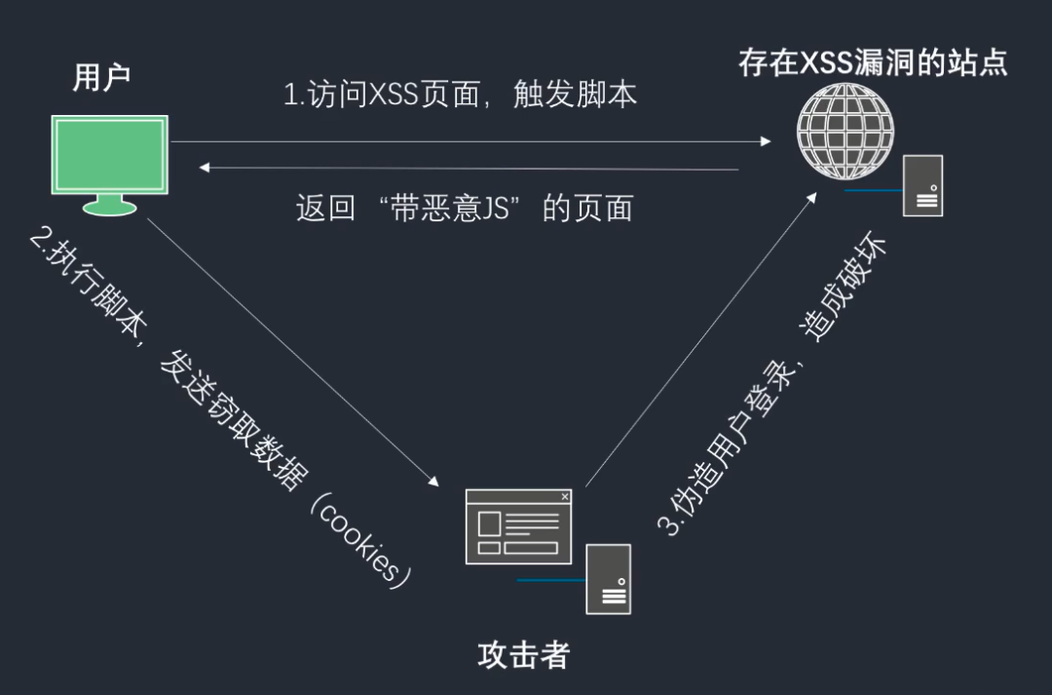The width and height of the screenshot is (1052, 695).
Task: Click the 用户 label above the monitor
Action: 101,79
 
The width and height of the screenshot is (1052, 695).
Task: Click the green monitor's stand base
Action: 110,207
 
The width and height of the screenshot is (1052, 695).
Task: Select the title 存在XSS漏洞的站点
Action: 872,63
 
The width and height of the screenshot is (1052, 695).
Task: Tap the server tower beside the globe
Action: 922,185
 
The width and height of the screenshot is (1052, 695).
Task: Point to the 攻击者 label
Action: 523,655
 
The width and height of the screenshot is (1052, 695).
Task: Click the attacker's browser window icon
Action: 518,526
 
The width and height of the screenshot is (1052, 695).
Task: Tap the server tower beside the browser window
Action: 608,579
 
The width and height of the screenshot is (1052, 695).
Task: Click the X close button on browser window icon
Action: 565,497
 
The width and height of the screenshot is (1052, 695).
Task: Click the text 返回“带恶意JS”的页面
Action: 464,209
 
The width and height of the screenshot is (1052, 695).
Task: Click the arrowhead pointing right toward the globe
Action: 767,142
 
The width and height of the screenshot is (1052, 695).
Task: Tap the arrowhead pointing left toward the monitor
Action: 204,169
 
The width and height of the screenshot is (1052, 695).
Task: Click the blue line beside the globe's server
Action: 872,190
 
